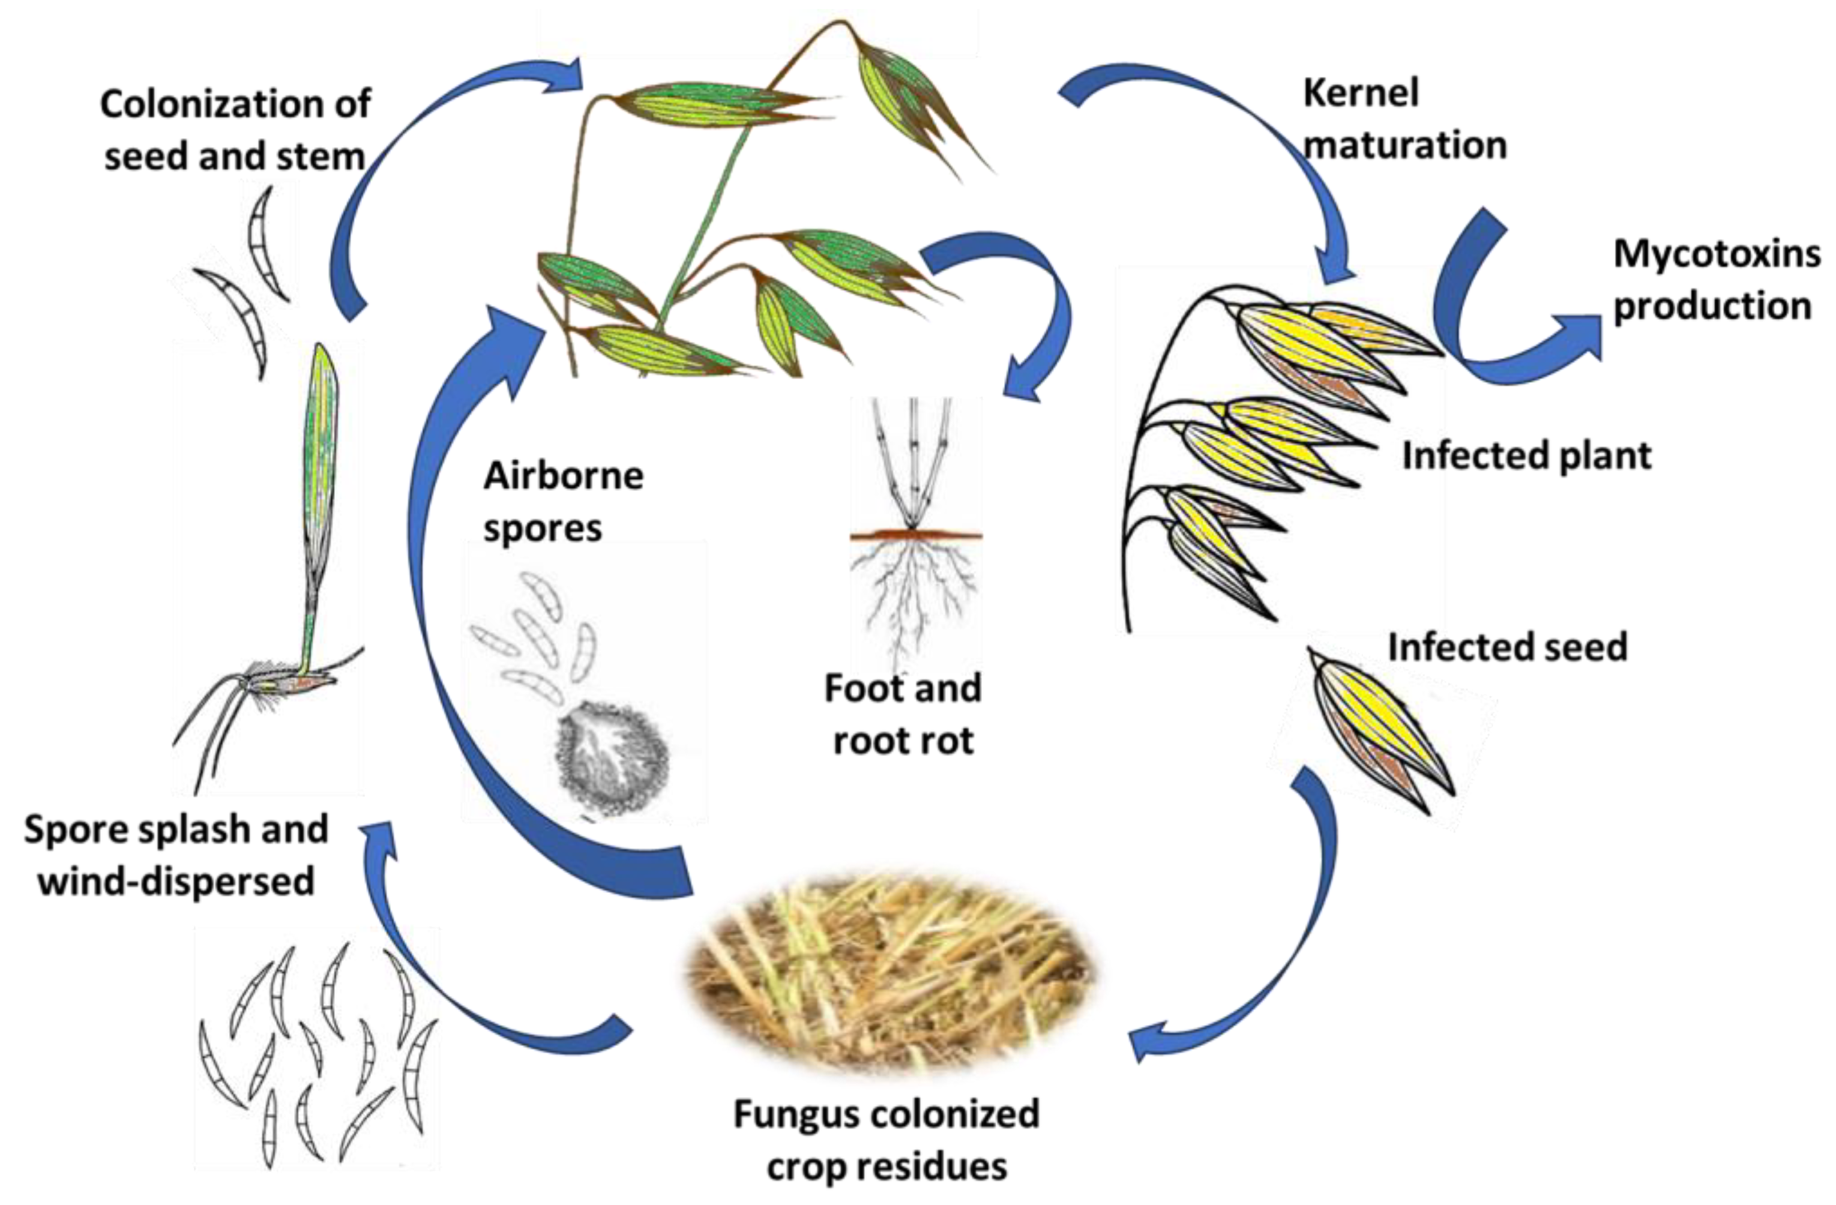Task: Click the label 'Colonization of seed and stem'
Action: pyautogui.click(x=235, y=130)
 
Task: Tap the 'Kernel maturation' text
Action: pyautogui.click(x=1404, y=119)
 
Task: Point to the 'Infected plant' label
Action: pyautogui.click(x=1526, y=455)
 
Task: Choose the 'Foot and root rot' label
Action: pyautogui.click(x=903, y=714)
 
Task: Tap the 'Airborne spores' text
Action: pyautogui.click(x=563, y=502)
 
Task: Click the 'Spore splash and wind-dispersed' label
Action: pyautogui.click(x=176, y=855)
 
